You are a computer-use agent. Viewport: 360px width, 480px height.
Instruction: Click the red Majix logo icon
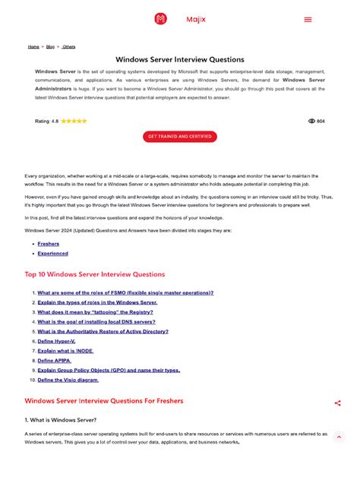pos(160,19)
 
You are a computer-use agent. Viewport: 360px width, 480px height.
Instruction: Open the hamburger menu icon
pos(308,20)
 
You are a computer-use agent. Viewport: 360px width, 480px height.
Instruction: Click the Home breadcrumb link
pos(33,46)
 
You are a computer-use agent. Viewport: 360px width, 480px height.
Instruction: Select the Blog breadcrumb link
pos(50,46)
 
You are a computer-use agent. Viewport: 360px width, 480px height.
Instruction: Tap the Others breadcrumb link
pos(69,46)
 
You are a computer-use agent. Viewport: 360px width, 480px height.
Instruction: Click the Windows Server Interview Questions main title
pos(180,59)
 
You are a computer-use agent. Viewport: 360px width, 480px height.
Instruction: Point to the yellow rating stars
pos(74,121)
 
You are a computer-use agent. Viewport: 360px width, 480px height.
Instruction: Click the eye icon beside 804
pos(311,121)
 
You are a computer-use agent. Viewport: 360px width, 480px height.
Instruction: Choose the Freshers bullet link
pos(49,244)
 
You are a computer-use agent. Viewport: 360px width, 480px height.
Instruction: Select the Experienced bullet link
pos(52,254)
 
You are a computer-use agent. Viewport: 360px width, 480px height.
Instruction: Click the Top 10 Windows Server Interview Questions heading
pos(95,274)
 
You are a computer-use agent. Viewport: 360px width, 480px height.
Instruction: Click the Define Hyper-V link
pos(57,341)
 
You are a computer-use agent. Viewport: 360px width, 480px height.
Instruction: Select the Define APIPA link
pos(55,360)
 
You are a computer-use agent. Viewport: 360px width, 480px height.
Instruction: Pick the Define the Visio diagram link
pos(68,380)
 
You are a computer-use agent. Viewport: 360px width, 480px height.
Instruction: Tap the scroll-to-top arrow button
pos(339,437)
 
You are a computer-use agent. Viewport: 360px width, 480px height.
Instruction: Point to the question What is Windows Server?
pos(61,419)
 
